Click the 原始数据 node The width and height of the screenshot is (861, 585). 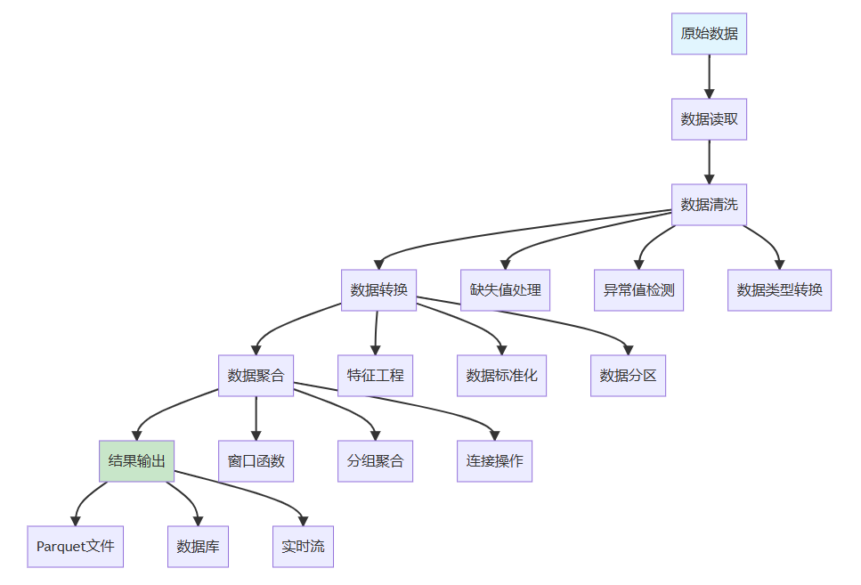tap(709, 34)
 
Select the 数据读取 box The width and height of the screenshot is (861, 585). tap(709, 119)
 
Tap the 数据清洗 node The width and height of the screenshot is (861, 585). tap(709, 205)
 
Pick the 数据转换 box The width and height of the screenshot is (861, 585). tap(378, 290)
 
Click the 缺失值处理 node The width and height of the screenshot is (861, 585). tap(505, 290)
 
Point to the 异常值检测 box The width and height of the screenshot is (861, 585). tap(638, 290)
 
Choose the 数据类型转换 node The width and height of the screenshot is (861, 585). tap(779, 290)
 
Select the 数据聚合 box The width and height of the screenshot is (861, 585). tap(256, 376)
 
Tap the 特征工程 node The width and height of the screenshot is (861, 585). tap(375, 376)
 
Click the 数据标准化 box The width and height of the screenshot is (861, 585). tap(501, 376)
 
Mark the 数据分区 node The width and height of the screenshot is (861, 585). tap(628, 376)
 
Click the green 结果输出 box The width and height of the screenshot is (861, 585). tap(136, 461)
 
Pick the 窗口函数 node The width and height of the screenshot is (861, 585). tap(256, 461)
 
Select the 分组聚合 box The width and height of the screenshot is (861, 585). tap(375, 461)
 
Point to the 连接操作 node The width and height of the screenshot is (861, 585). tap(494, 461)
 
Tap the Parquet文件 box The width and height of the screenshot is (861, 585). tap(76, 547)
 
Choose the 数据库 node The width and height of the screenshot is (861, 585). tap(198, 547)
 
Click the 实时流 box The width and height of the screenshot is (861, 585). tap(303, 547)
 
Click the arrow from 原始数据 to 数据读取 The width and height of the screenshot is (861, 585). tap(710, 77)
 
